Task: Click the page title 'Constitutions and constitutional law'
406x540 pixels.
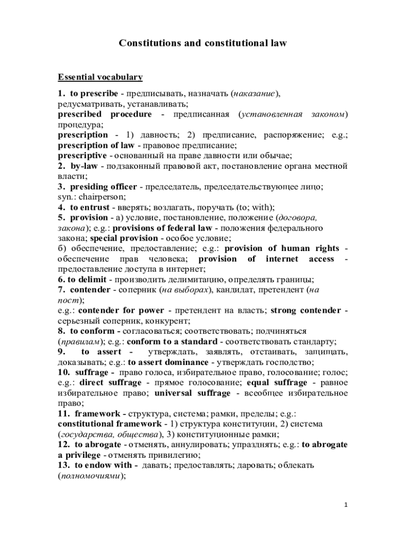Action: pyautogui.click(x=202, y=43)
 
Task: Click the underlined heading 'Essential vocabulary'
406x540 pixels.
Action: pyautogui.click(x=100, y=78)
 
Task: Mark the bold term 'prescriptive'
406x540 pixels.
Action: pyautogui.click(x=82, y=156)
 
